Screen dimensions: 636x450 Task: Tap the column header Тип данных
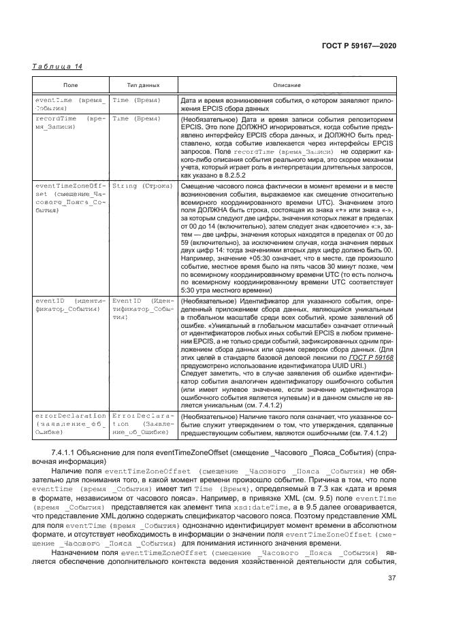click(143, 86)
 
